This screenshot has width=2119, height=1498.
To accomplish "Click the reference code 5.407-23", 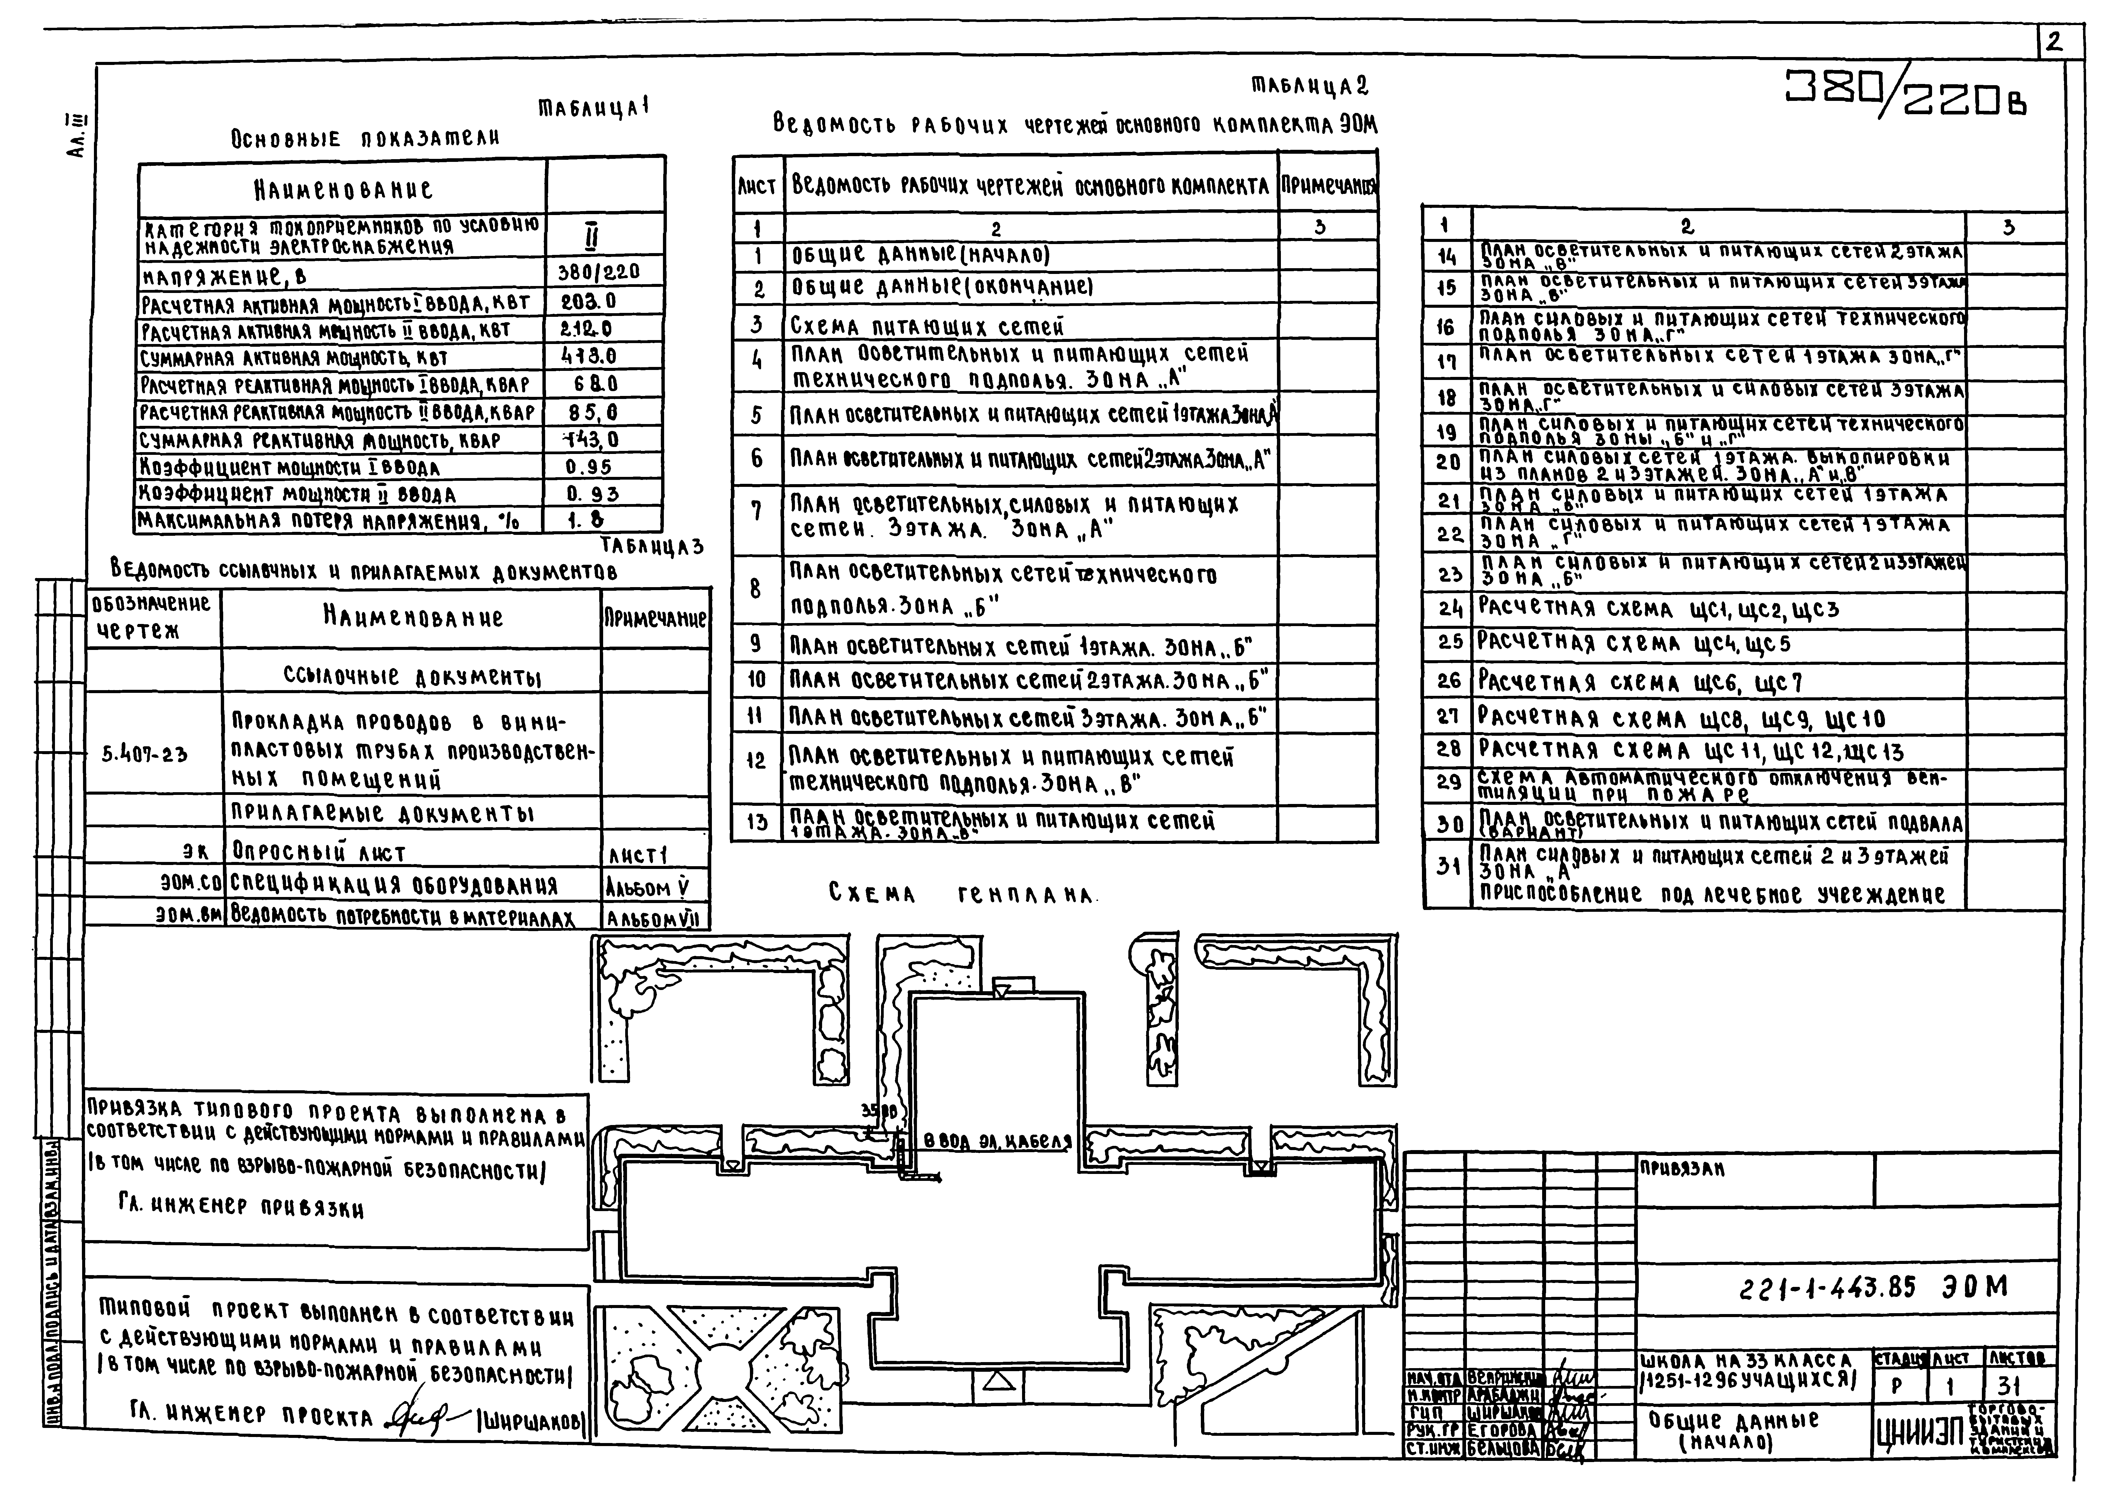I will click(145, 754).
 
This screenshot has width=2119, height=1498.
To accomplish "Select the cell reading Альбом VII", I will click(654, 918).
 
